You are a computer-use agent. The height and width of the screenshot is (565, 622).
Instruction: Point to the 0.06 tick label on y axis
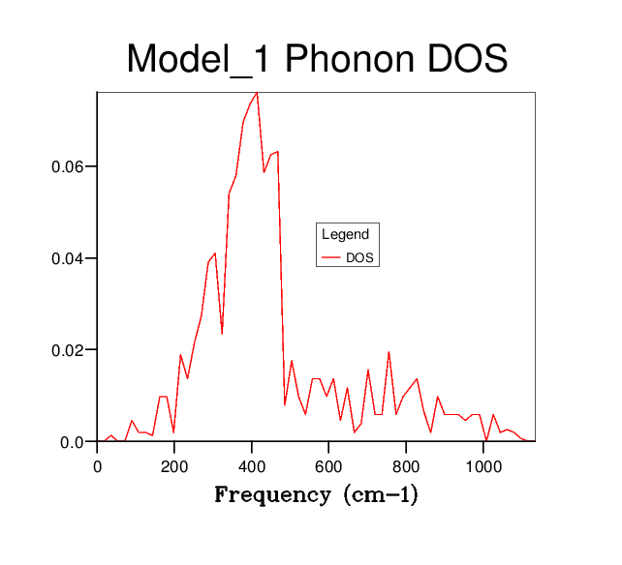[x=68, y=166]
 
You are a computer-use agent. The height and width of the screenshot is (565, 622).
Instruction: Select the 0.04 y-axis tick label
[x=68, y=258]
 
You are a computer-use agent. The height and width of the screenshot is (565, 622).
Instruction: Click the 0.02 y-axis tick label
[x=68, y=350]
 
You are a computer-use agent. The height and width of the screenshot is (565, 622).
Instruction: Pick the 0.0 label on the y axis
[x=72, y=442]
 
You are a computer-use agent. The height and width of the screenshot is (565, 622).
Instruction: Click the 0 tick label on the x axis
[x=97, y=465]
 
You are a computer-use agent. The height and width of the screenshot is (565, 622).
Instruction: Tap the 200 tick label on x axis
[x=174, y=465]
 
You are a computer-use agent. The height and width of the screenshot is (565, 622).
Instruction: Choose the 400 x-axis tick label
[x=252, y=465]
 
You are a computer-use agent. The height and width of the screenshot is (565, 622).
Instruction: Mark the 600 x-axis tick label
[x=329, y=465]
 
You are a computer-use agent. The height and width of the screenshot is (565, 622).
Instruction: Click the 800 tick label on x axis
[x=407, y=465]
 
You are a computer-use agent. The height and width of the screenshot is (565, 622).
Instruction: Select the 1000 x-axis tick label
[x=483, y=465]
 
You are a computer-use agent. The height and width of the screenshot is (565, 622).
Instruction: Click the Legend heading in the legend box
[x=345, y=234]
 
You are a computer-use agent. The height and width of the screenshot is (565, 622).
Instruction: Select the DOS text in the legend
[x=359, y=258]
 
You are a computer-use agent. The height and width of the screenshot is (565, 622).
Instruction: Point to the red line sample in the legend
[x=331, y=258]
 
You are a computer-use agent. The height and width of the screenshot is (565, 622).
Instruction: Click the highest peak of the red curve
[x=257, y=93]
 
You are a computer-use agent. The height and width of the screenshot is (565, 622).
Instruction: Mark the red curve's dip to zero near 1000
[x=486, y=441]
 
